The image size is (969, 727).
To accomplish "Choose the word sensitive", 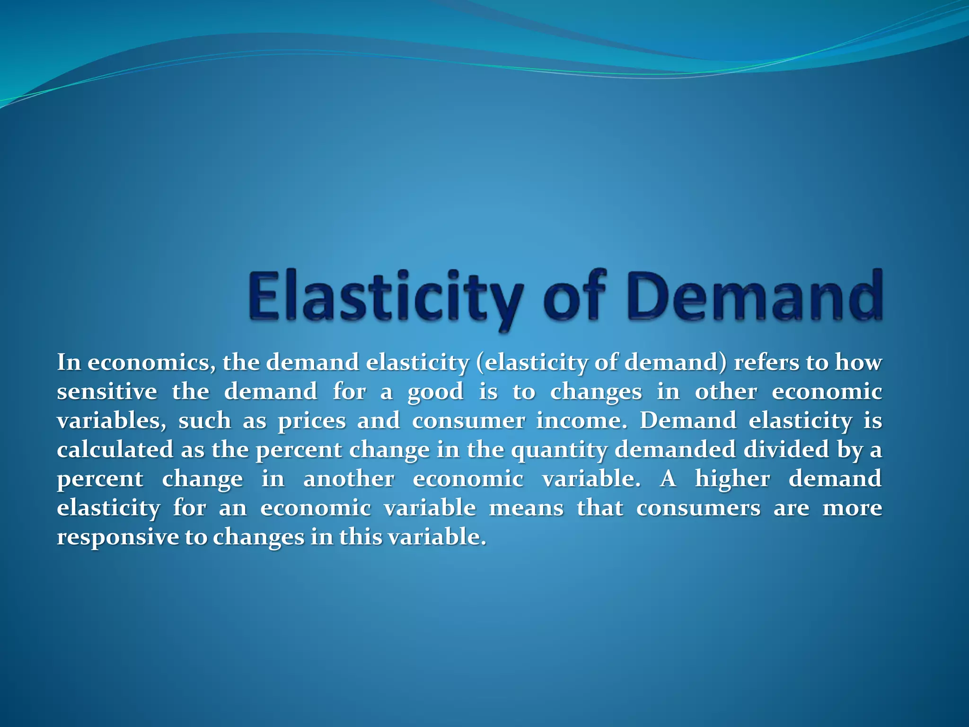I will pyautogui.click(x=107, y=392).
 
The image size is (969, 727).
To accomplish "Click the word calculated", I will pyautogui.click(x=115, y=450).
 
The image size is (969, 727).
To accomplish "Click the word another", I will pyautogui.click(x=349, y=479).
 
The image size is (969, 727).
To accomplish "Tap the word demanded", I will pyautogui.click(x=675, y=450).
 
